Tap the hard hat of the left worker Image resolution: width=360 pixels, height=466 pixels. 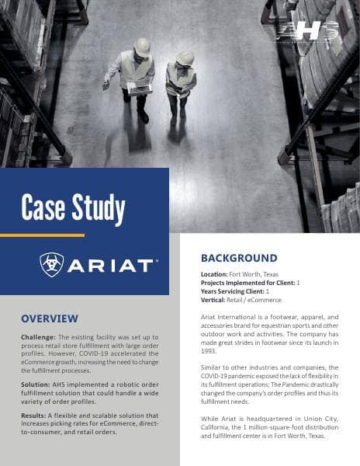pos(142,47)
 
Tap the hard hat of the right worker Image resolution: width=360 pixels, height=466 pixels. pos(185,58)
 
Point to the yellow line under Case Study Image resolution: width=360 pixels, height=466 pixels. pos(42,235)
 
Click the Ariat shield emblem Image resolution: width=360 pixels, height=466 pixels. pos(52,266)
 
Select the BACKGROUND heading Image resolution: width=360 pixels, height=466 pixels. pos(239,258)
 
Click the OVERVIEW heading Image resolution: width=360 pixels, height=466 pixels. pos(50,318)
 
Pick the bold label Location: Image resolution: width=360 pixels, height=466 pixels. pos(220,276)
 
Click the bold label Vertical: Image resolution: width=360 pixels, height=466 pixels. pos(217,300)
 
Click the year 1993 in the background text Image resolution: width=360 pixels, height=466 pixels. pos(209,349)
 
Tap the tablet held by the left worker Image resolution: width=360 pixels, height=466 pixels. pos(140,90)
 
